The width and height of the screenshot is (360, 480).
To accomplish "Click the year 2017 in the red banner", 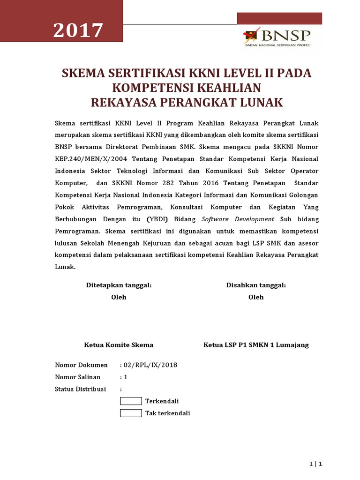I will click(78, 31).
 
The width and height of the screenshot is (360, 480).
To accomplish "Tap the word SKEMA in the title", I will click(83, 74).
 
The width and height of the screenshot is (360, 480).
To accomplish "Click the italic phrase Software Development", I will click(238, 219).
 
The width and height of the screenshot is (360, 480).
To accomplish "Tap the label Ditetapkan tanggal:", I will click(119, 285).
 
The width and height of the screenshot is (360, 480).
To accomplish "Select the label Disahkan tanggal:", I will click(256, 285).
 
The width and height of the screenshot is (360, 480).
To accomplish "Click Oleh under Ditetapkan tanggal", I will click(119, 297).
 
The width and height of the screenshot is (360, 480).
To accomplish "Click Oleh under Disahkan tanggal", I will click(256, 297).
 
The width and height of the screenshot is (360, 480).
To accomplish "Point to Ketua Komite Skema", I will click(119, 345).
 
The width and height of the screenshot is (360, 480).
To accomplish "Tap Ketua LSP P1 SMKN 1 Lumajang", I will click(256, 345).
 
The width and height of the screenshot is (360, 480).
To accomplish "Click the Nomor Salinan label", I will click(78, 377).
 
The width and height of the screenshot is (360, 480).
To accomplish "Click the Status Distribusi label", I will click(80, 389).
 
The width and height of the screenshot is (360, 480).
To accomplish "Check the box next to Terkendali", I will click(131, 401).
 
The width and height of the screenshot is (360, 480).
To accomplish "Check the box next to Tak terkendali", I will click(131, 413).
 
